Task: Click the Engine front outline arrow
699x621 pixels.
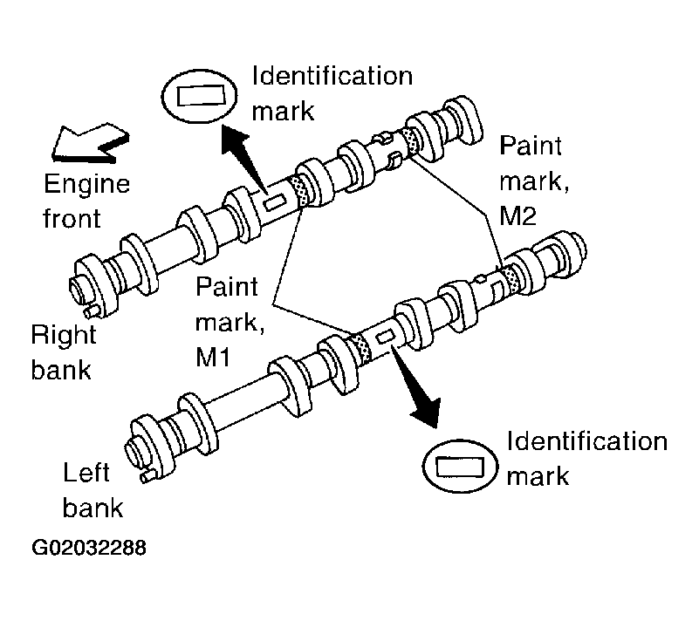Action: (x=89, y=144)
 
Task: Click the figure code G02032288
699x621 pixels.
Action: (x=89, y=548)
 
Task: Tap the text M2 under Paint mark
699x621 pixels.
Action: (x=517, y=216)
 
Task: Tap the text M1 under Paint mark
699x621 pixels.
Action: (x=213, y=357)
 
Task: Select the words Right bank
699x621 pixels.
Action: (x=64, y=352)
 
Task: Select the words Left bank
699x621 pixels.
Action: (x=93, y=490)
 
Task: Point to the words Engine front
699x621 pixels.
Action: (x=86, y=201)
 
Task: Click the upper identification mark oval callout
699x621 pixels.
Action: (x=199, y=96)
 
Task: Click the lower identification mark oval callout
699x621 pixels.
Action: (x=460, y=466)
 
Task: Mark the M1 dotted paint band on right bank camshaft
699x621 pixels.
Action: (x=298, y=191)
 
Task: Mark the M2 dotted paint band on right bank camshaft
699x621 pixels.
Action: (x=409, y=141)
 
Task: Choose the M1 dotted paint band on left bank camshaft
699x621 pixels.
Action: (x=360, y=350)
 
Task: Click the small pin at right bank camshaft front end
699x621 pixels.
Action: (x=93, y=310)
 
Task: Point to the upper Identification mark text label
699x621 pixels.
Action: (x=332, y=93)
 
